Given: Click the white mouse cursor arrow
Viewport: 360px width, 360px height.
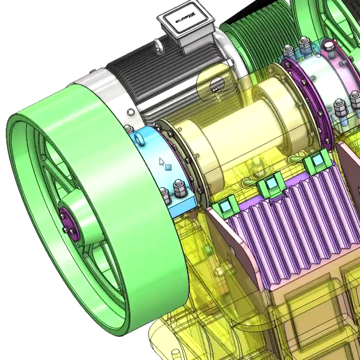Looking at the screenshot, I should click(162, 163).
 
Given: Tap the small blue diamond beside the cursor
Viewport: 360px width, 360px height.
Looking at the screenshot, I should click(168, 168).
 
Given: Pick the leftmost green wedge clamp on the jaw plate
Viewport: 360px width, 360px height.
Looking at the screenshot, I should click(225, 207).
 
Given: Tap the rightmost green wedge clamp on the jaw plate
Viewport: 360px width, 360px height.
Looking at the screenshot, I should click(315, 163).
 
